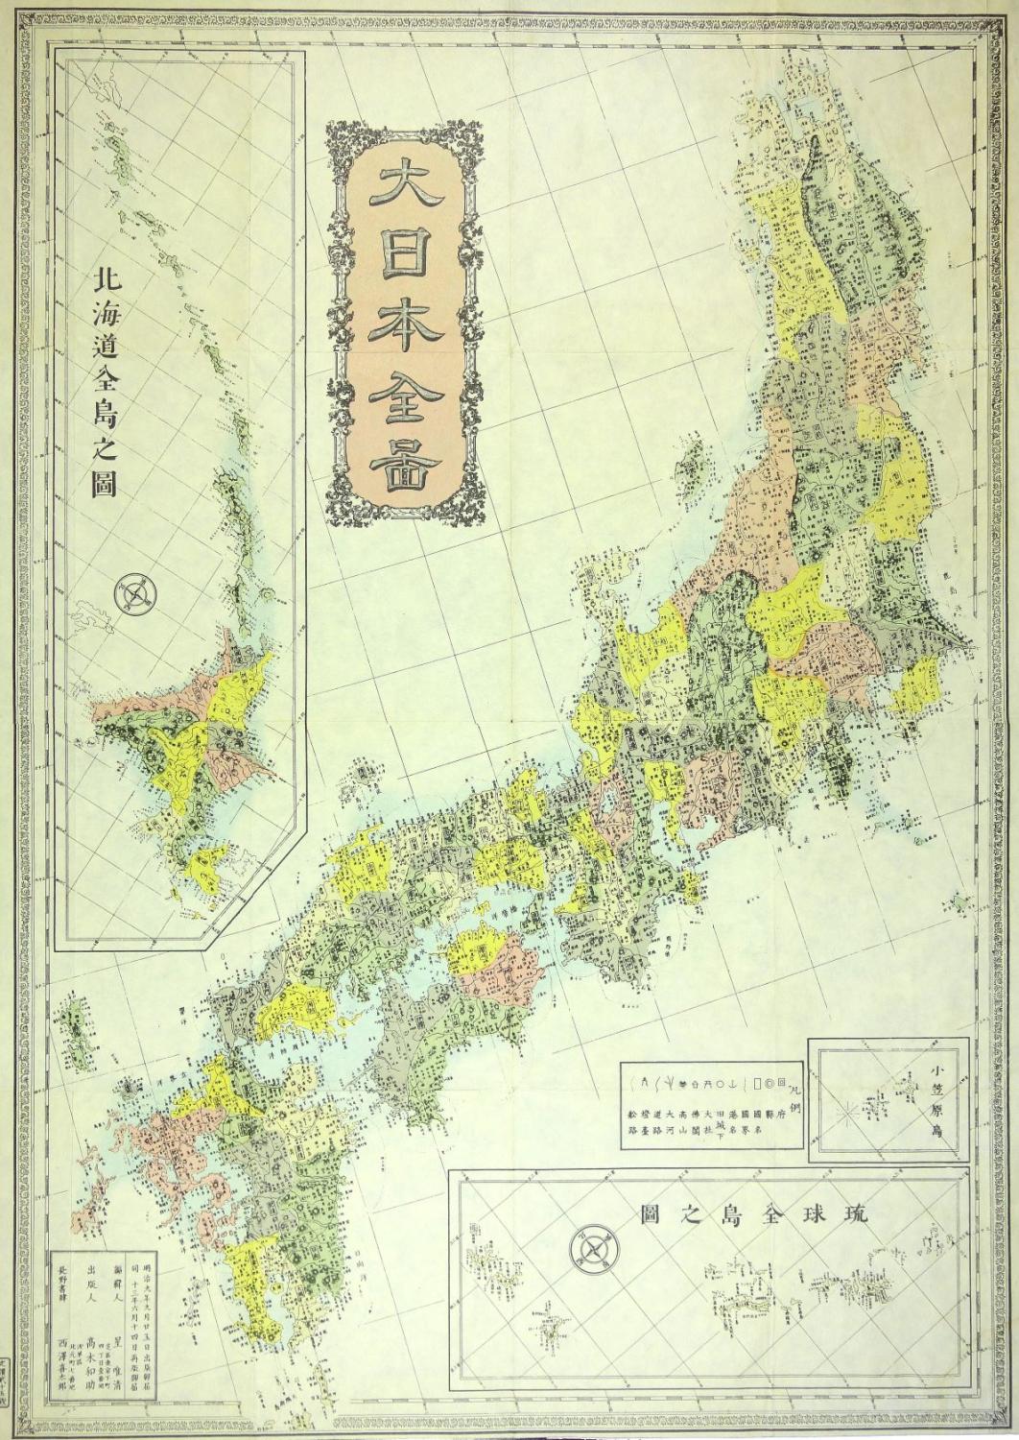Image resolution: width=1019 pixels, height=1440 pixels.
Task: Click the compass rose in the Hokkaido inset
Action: (133, 593)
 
